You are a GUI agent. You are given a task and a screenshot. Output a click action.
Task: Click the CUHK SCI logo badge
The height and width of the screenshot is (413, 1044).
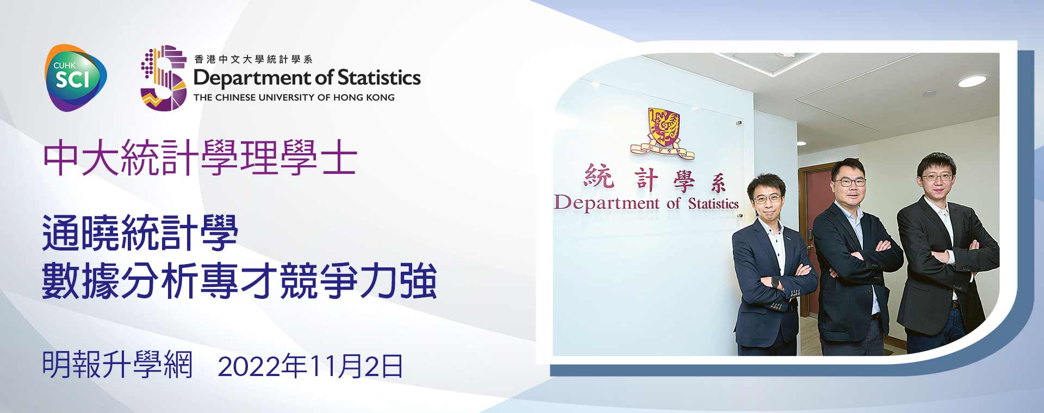pos(76,78)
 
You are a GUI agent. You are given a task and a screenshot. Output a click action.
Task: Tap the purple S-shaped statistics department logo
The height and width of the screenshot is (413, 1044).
pos(163,78)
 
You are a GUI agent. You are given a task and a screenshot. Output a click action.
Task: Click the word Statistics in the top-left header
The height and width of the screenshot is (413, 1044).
pos(379,78)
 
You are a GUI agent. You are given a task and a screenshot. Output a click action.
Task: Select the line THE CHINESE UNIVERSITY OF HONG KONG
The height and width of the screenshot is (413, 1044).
pos(294,98)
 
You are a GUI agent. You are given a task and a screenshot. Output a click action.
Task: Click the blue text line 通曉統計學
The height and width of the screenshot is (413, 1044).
pos(140,233)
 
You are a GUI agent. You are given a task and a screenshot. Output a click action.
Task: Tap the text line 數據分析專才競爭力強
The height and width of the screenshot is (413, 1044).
pos(239,281)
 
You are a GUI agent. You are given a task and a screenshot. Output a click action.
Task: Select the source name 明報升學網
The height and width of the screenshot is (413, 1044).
pos(117,365)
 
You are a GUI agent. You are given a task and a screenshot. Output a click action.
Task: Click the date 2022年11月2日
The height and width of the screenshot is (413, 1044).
pos(310,366)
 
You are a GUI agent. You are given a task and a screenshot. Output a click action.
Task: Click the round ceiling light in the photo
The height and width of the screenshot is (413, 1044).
pos(972,82)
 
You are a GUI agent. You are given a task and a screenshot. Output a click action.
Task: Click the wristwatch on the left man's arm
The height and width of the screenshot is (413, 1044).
pos(775,281)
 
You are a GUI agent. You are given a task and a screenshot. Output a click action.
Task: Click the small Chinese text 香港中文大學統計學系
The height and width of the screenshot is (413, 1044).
pos(253,59)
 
